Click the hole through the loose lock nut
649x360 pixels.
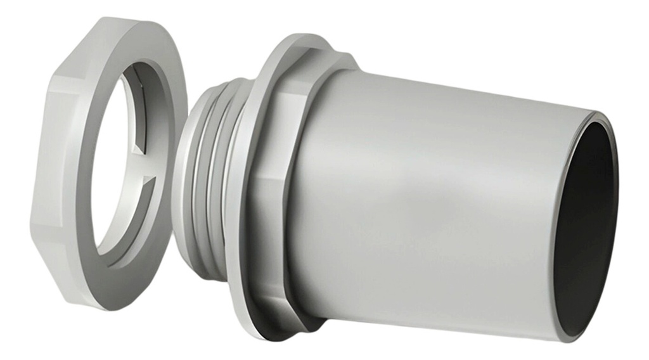pyautogui.click(x=117, y=165)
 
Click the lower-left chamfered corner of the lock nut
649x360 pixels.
pyautogui.click(x=63, y=273)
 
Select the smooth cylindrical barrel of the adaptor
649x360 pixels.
pyautogui.click(x=431, y=203)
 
